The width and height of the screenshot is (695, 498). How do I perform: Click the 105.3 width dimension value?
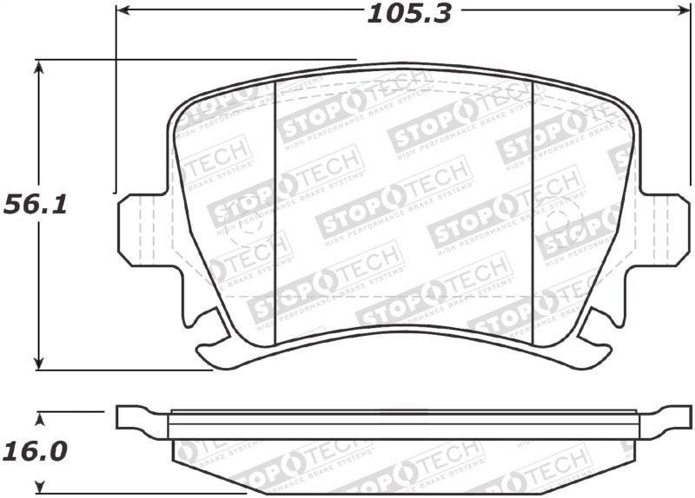pos(409,13)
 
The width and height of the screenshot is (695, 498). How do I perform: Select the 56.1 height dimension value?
pos(35,206)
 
